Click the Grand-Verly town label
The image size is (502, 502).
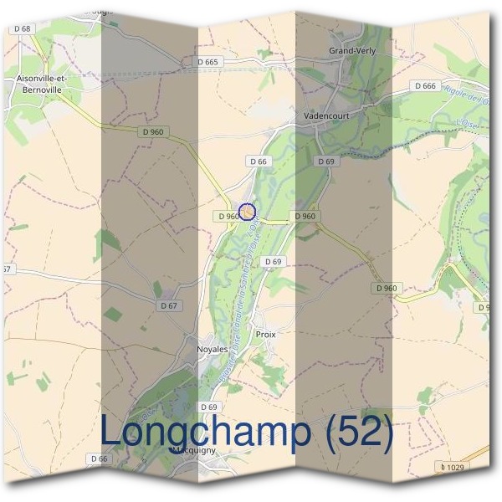coord(352,51)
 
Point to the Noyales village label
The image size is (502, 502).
coord(211,350)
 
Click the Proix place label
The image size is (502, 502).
coord(265,333)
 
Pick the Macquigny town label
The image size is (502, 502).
coord(193,449)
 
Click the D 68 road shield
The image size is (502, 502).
coord(22,28)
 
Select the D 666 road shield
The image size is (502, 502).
coord(424,86)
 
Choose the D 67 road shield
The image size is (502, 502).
coord(169,306)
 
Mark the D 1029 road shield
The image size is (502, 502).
coord(452,466)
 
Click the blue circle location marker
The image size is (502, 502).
coord(247,213)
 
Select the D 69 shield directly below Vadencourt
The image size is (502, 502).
coord(326,161)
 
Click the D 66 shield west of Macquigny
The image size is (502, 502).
coord(99,458)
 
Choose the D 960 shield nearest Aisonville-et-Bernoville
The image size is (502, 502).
coord(153,131)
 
